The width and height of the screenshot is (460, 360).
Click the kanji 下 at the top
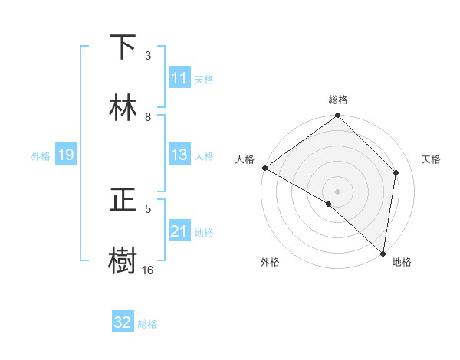coord(123,47)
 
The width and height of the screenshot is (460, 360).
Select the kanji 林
coord(123,108)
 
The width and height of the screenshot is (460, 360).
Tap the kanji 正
coord(123,200)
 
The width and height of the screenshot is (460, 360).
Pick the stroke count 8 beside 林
coord(148,116)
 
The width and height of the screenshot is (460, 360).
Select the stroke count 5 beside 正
coord(148,208)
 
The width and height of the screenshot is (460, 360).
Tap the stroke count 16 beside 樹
coord(147,270)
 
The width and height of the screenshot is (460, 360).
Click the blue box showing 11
coord(179,78)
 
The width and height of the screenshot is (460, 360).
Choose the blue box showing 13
coord(179,155)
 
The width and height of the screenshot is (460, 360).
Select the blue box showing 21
coord(179,231)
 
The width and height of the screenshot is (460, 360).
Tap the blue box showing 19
coord(65,155)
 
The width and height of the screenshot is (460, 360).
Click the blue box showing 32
coord(123,322)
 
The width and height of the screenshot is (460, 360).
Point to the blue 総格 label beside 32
coord(147,324)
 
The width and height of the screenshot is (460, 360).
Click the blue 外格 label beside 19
coord(41,155)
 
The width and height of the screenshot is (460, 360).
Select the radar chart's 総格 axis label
coord(338,100)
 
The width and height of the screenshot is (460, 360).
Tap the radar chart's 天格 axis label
coord(431,159)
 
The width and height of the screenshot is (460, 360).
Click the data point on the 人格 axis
coord(264,168)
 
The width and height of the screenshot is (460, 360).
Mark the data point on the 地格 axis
coord(383,253)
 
